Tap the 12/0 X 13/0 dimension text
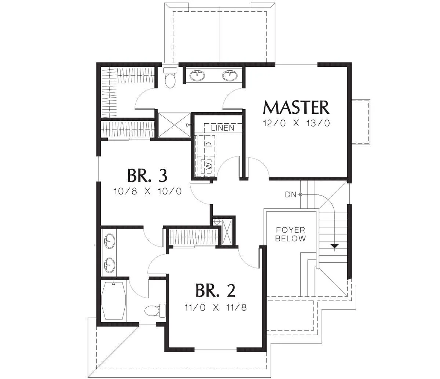(x=296, y=123)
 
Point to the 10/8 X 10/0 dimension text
(x=147, y=191)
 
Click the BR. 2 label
(x=216, y=290)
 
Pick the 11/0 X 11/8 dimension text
(x=216, y=307)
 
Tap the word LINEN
(x=223, y=128)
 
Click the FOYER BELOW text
(x=290, y=234)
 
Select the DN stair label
(x=290, y=194)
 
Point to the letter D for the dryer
(x=209, y=145)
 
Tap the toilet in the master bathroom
(x=170, y=78)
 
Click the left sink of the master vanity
(x=197, y=76)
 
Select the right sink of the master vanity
(x=230, y=76)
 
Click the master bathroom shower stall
(x=174, y=125)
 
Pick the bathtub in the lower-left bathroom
(x=114, y=300)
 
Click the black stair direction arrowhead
(x=335, y=246)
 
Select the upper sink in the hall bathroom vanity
(x=109, y=241)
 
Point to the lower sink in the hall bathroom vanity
(x=109, y=265)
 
